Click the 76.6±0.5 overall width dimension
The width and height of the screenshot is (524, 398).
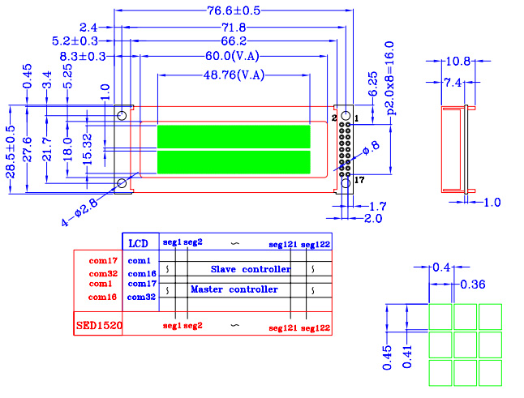(x=234, y=11)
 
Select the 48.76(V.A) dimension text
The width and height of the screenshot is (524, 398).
(x=234, y=75)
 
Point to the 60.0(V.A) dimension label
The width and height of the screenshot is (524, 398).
(x=234, y=56)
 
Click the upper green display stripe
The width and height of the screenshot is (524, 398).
(x=234, y=136)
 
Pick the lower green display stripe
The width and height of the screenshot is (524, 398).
(x=234, y=162)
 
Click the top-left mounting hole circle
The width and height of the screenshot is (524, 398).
(x=122, y=114)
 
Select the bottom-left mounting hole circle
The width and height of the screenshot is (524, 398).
(x=122, y=182)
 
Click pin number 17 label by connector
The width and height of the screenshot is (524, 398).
(x=359, y=181)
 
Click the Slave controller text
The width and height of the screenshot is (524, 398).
(x=251, y=268)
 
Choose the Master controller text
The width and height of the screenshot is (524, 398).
(x=234, y=289)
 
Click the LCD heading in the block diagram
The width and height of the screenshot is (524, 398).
(x=140, y=242)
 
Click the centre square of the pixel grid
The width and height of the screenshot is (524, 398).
(x=466, y=344)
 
